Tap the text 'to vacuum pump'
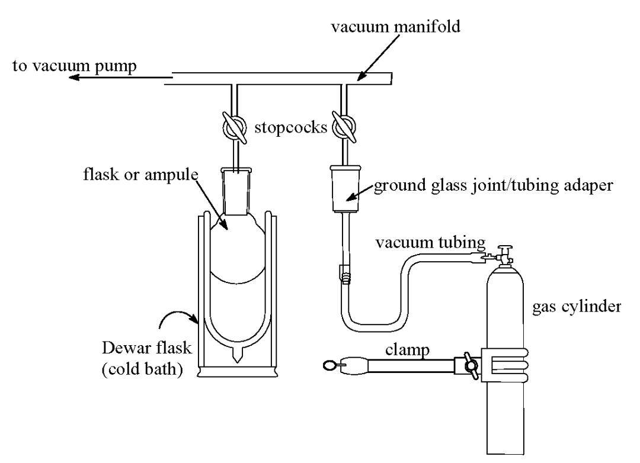tap(75, 66)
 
